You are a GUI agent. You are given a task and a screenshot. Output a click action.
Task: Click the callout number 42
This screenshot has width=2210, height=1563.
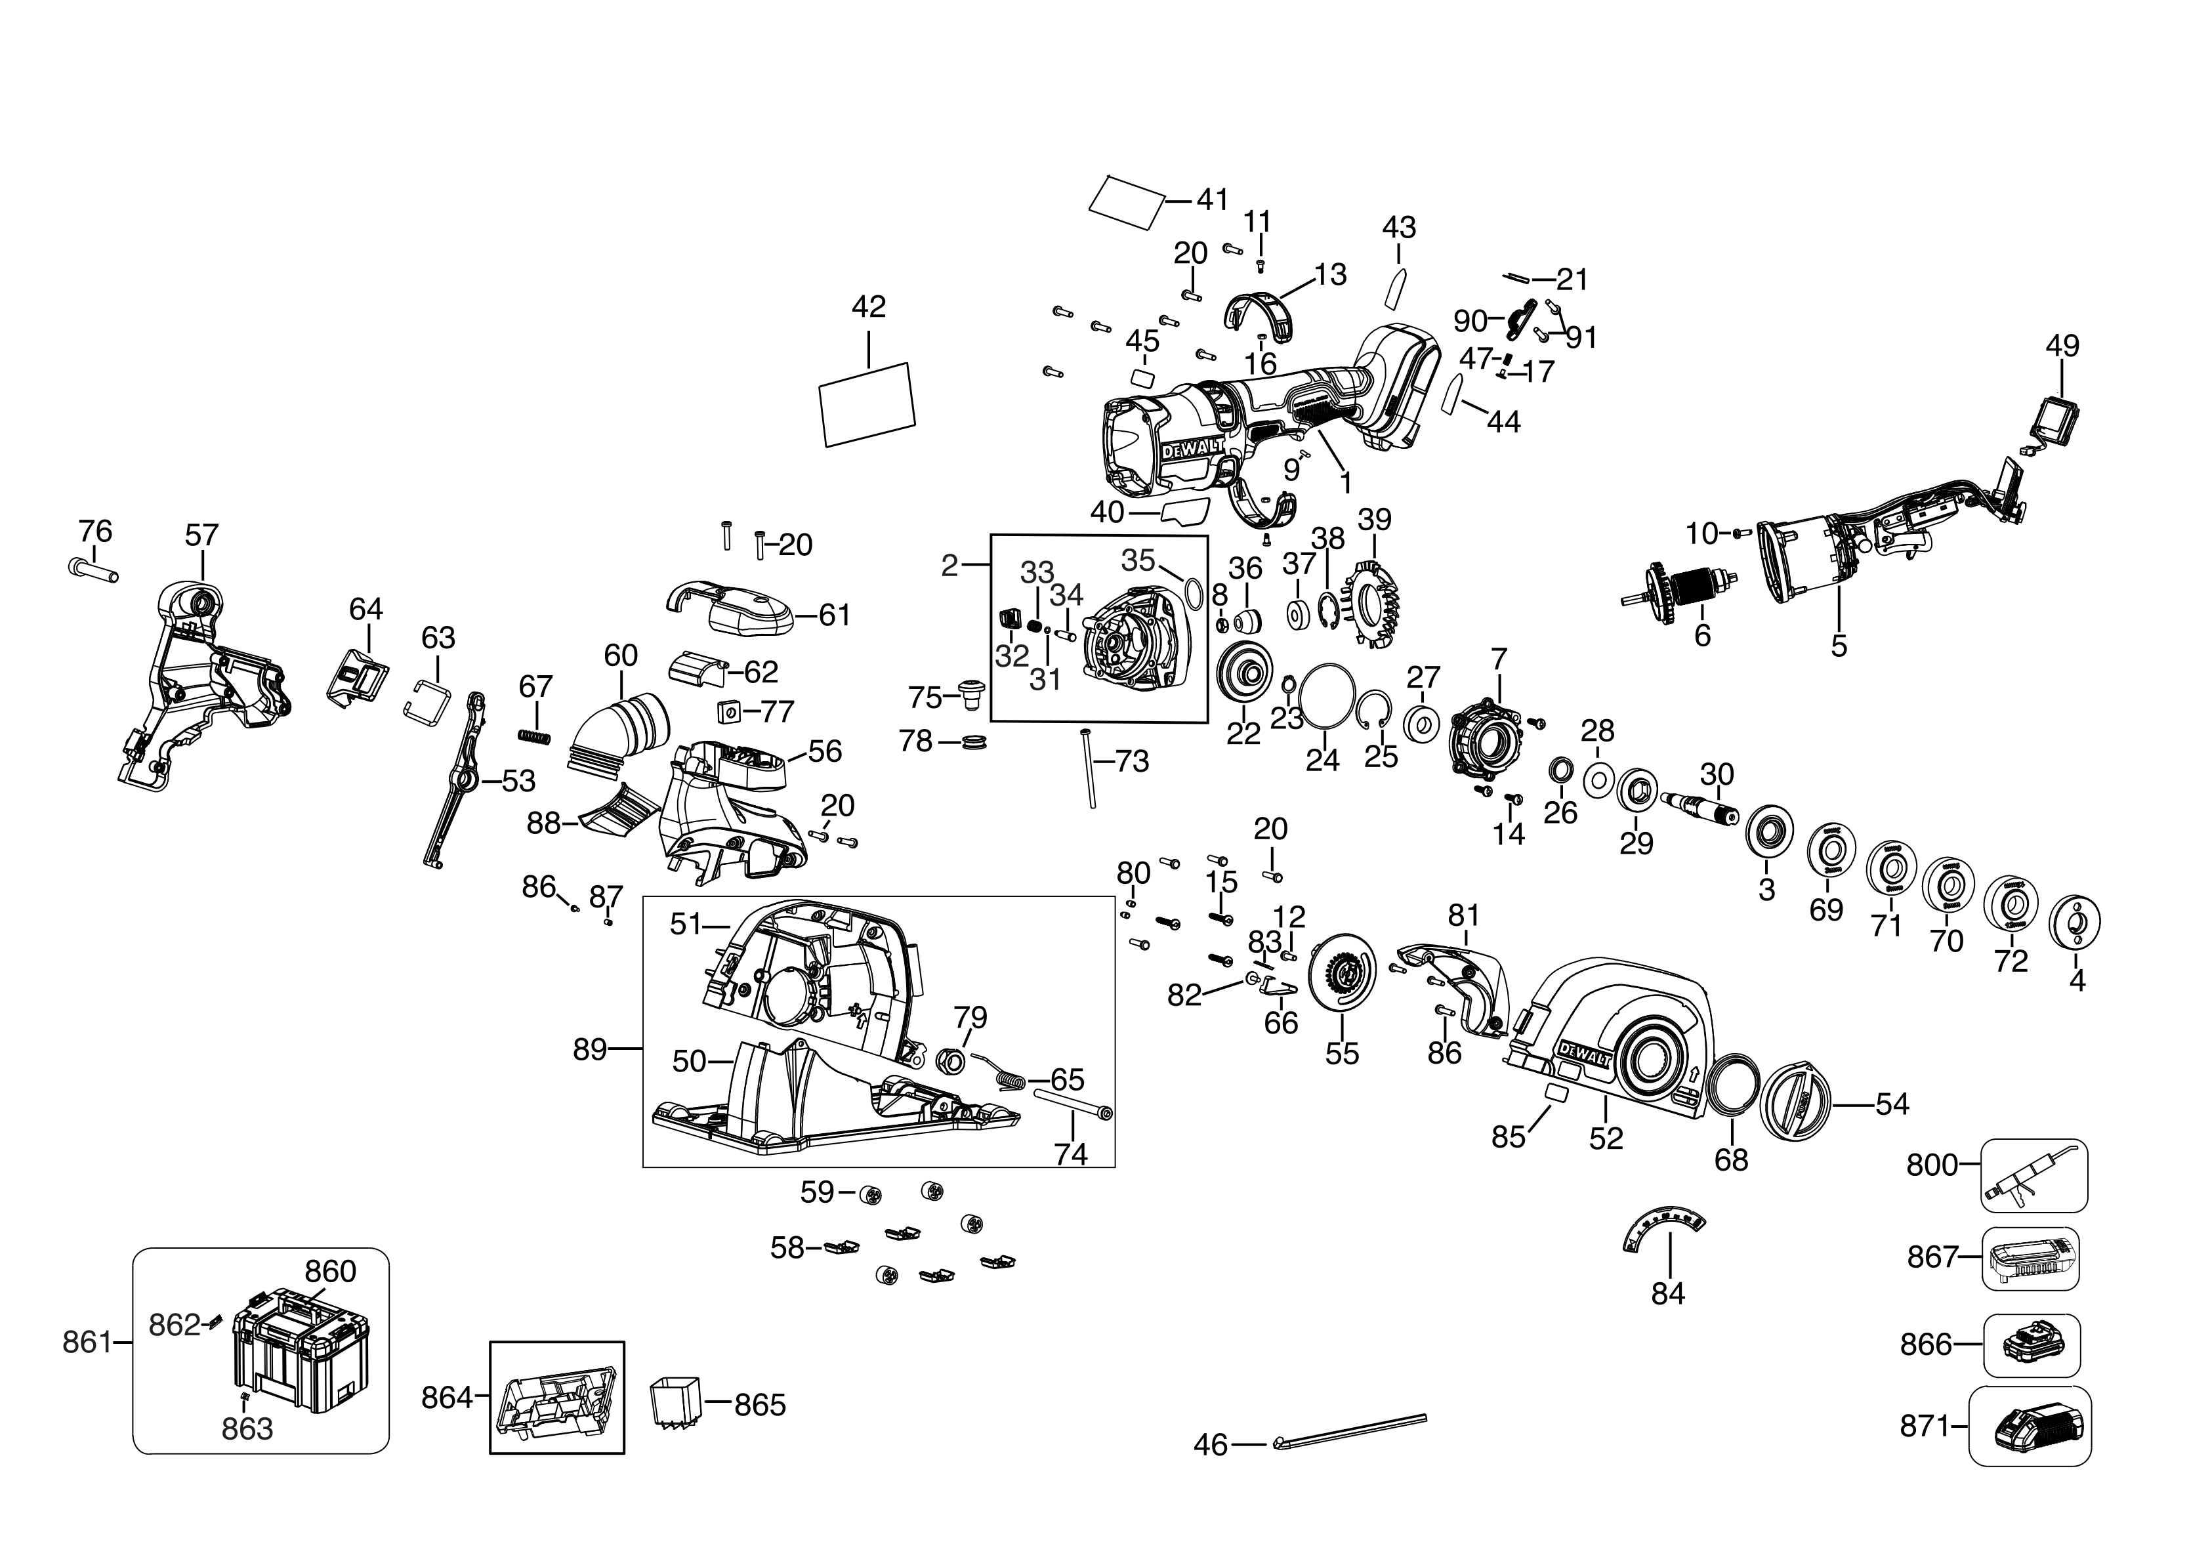point(868,307)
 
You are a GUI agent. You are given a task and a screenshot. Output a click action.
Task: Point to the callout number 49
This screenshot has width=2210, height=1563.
point(2062,346)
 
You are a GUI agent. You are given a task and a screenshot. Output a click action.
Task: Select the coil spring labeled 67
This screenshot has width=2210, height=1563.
point(535,736)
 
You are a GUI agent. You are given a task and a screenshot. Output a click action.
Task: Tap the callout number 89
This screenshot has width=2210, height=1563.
point(590,1049)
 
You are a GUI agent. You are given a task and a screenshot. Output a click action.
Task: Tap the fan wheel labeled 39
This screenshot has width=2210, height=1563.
point(1373,604)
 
